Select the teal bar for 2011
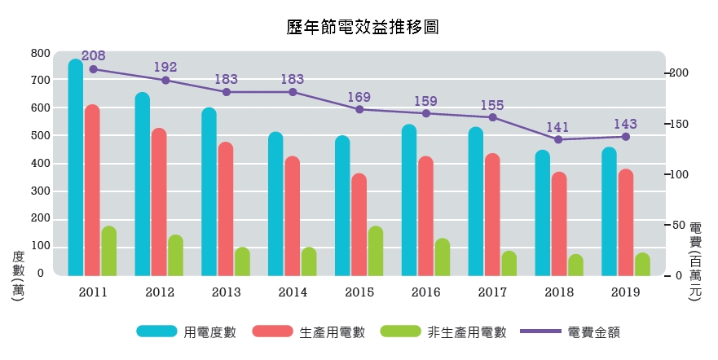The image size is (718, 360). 76,168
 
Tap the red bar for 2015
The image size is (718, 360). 359,225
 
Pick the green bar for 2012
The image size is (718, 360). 175,255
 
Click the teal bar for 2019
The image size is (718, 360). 609,212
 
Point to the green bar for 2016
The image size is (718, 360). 443,257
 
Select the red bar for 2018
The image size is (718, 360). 558,224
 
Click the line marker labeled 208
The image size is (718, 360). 94,69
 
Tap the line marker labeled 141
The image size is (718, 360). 558,139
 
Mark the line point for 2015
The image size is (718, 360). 359,109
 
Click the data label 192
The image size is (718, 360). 165,68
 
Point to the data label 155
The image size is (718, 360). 492,105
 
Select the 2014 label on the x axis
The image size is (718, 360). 293,292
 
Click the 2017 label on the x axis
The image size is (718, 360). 492,292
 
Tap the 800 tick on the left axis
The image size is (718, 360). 40,53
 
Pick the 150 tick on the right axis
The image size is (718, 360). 680,124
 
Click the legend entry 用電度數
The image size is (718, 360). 210,332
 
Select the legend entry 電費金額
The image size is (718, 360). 596,332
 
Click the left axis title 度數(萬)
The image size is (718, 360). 18,277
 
